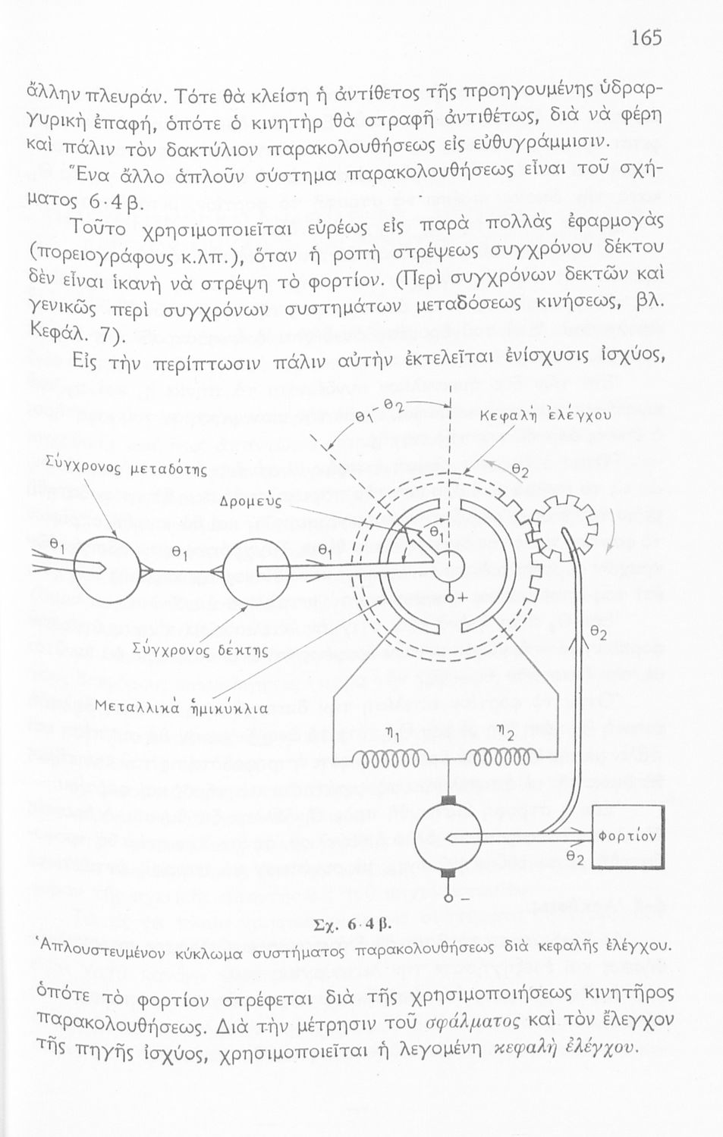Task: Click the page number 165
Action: [x=646, y=38]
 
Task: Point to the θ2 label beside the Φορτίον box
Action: [x=577, y=857]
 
